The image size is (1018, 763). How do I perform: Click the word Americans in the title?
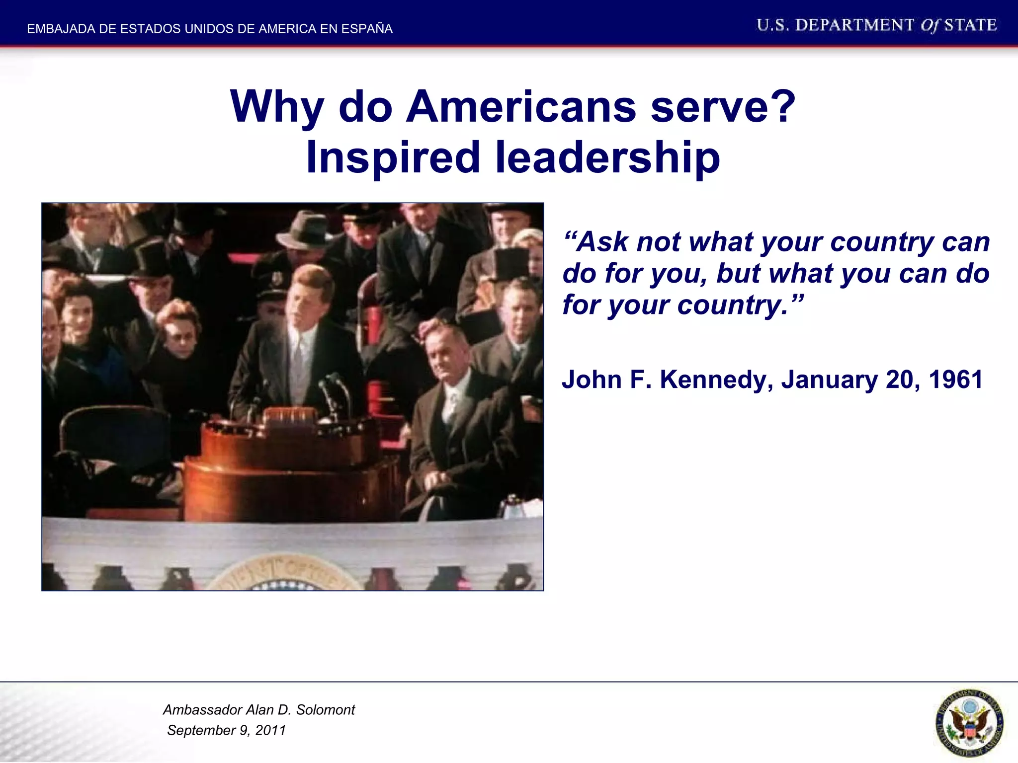pyautogui.click(x=520, y=107)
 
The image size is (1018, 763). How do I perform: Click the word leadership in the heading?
pyautogui.click(x=607, y=157)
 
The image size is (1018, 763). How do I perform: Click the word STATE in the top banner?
pyautogui.click(x=970, y=25)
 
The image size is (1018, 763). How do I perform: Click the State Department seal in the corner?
pyautogui.click(x=969, y=723)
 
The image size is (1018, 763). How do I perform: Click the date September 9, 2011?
pyautogui.click(x=227, y=730)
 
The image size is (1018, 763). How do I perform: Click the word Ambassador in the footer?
pyautogui.click(x=202, y=710)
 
